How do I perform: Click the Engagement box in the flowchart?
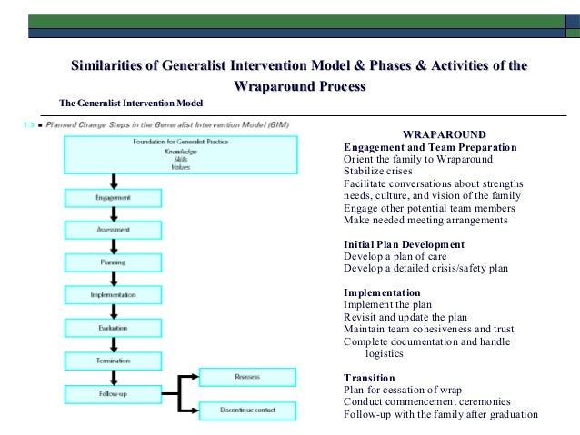tap(113, 197)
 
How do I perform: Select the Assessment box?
tap(113, 230)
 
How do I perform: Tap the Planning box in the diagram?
tap(113, 262)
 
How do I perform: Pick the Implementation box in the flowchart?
tap(113, 295)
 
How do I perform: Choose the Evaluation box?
tap(113, 328)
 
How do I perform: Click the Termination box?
tap(113, 361)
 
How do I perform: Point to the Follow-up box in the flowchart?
tap(113, 393)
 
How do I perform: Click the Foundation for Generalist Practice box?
tap(180, 154)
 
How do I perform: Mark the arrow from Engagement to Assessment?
tap(113, 214)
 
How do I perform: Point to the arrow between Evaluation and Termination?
tap(113, 344)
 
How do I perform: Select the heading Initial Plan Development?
tap(404, 244)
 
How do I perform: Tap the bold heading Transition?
tap(369, 378)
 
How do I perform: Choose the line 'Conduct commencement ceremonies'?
tap(427, 402)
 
